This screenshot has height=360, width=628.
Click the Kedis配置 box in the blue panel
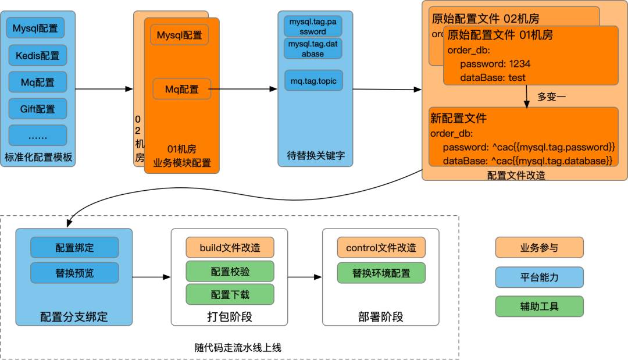point(38,55)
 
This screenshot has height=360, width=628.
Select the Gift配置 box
point(38,109)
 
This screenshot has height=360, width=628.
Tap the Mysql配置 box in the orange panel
point(180,35)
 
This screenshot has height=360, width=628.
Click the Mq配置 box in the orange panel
point(181,89)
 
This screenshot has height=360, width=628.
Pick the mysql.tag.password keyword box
point(313,26)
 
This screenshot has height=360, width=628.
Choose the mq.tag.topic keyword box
point(313,81)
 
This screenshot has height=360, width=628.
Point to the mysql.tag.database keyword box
point(313,49)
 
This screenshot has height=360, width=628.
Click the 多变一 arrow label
point(551,97)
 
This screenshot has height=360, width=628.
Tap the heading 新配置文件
point(458,119)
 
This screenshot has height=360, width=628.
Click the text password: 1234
point(495,64)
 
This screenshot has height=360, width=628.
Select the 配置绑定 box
point(74,248)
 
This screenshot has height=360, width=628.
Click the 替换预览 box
point(74,273)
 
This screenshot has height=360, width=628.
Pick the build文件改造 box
point(230,248)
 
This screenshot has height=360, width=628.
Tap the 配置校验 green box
point(230,272)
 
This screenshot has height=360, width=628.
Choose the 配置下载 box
point(230,295)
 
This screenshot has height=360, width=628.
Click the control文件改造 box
point(381,248)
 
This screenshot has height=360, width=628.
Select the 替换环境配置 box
point(381,273)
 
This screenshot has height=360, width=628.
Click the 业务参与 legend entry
point(539,248)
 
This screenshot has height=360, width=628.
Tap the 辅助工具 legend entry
point(539,306)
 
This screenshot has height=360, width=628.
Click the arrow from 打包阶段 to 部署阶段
point(305,277)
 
